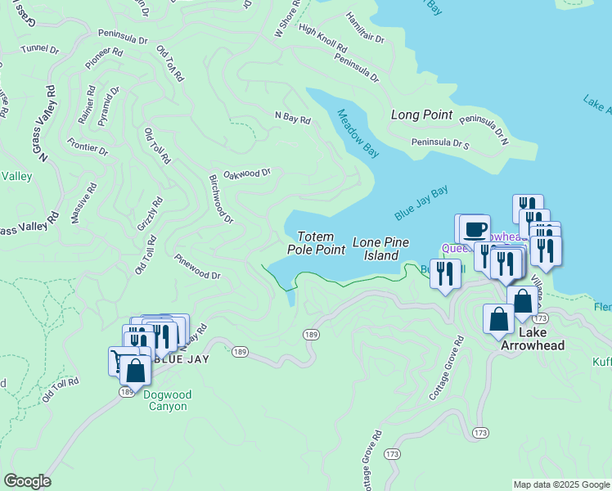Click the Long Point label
click(x=421, y=115)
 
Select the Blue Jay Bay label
click(x=421, y=203)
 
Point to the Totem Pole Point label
click(x=316, y=243)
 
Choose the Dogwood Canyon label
click(x=167, y=400)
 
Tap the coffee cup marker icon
click(x=475, y=227)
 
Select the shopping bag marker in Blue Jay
click(x=136, y=372)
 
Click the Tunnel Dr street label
click(x=41, y=49)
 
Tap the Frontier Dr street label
click(x=88, y=149)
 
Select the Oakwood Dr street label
click(x=246, y=173)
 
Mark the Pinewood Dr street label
click(x=197, y=266)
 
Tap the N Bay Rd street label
click(x=292, y=119)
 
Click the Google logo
click(x=27, y=481)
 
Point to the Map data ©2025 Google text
click(x=561, y=484)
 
